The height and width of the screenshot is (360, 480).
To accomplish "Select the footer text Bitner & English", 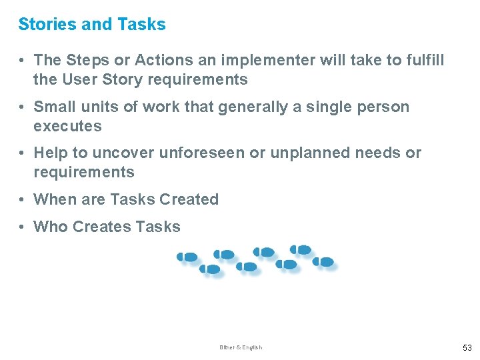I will (241, 347).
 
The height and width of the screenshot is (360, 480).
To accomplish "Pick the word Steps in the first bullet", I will (87, 60).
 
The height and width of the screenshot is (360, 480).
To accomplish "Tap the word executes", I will (67, 126).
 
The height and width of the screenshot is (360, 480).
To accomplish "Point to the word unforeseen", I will (201, 153).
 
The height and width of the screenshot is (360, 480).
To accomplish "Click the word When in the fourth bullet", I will (55, 199).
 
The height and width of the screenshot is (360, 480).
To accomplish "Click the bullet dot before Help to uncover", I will (23, 153).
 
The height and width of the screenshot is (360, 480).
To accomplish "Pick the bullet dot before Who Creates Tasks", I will (23, 227).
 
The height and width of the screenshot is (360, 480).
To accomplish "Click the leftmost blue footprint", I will (187, 257).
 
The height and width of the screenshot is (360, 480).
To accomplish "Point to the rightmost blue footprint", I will (323, 262).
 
